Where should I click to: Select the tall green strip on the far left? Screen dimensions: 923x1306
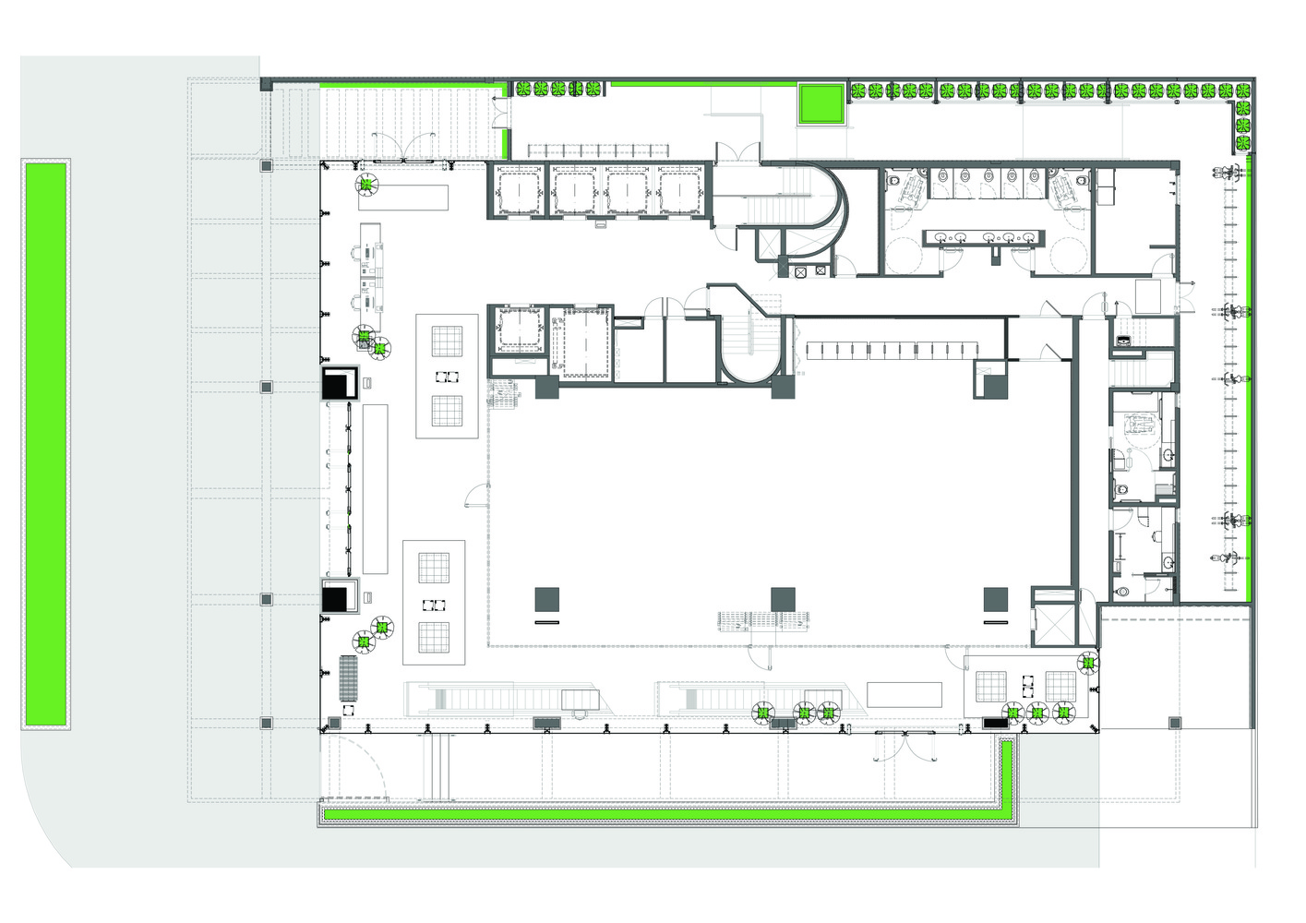pos(45,444)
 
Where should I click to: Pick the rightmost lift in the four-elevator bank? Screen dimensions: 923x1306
pos(680,192)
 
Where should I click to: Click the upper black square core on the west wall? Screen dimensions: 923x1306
pos(339,382)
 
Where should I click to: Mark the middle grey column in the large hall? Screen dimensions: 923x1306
pos(783,599)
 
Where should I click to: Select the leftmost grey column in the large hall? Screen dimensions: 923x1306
pos(546,599)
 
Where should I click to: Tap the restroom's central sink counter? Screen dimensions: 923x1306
pos(983,238)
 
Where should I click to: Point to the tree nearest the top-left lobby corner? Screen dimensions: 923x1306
pos(366,186)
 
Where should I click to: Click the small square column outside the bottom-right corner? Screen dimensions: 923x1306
pos(1175,723)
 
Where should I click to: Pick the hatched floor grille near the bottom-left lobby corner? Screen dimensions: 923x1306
pos(348,678)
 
